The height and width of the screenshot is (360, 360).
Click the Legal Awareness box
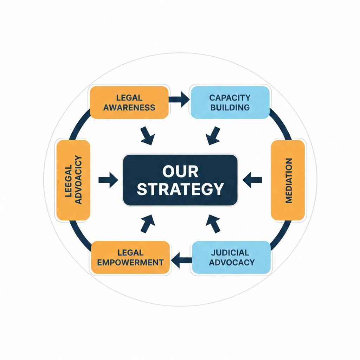point(129,102)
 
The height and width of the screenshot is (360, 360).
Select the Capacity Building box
point(230,102)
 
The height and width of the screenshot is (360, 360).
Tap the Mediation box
point(288,180)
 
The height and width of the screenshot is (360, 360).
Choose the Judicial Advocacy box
point(231,257)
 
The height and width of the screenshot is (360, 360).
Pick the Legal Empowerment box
point(130,257)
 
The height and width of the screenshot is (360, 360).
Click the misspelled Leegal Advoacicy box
point(73,180)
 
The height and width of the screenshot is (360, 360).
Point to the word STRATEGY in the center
point(180,189)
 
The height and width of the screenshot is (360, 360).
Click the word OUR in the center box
point(180,172)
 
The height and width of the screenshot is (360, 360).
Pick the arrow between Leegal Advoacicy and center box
point(108,180)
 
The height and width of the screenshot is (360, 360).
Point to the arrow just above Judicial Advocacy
point(213,223)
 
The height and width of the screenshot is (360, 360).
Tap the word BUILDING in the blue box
point(230,107)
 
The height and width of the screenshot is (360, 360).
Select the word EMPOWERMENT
point(130,262)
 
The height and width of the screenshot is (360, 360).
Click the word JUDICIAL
point(231,252)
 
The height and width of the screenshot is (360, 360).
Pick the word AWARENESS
point(129,107)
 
